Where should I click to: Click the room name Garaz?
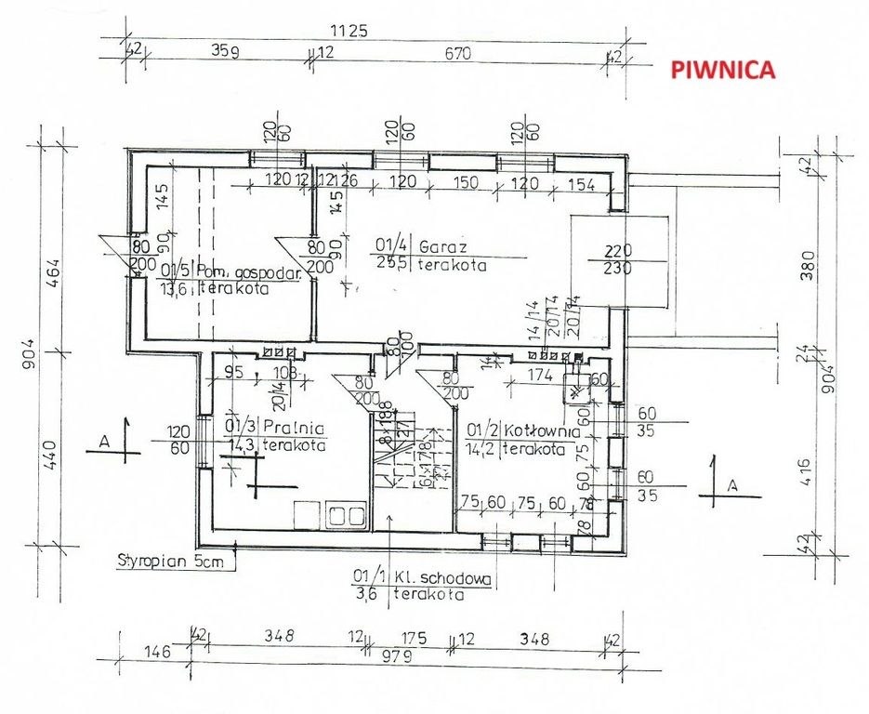tap(442, 248)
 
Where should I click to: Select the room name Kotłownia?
tap(542, 431)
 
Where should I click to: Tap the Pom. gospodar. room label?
tap(237, 272)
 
